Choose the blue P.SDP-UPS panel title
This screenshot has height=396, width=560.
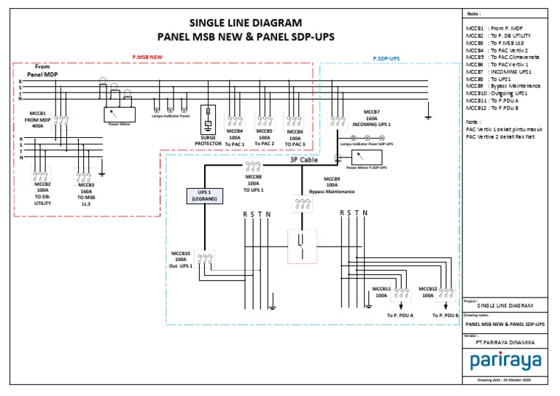386,57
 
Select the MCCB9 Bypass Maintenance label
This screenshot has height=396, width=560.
331,185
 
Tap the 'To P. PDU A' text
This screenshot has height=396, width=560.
400,315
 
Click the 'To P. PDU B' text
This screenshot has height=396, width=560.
446,315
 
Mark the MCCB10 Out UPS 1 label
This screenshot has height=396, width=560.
180,259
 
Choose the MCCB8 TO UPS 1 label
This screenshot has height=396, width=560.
253,183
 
